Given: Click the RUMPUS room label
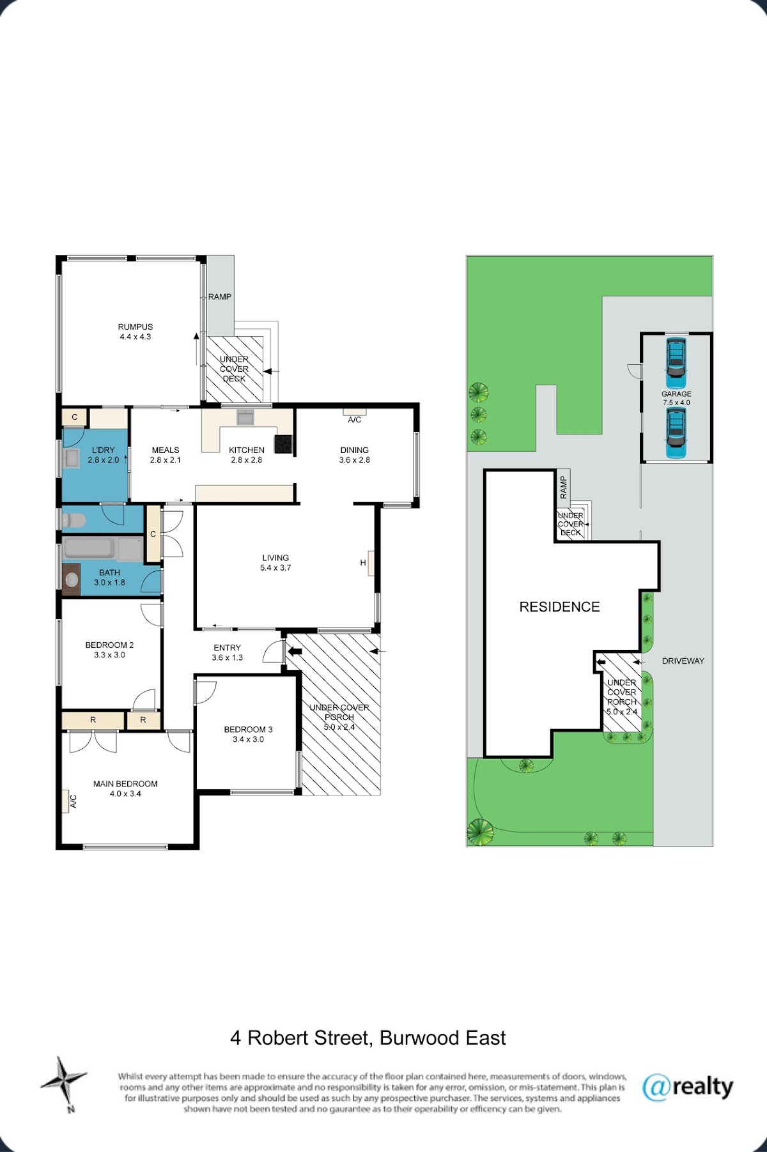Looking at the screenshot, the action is tap(136, 326).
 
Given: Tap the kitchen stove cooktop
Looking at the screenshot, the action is tap(283, 443).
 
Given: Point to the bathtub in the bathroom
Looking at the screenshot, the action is tap(90, 548).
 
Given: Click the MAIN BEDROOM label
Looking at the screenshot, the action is tap(125, 784).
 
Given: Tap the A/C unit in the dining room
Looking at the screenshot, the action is tap(355, 412).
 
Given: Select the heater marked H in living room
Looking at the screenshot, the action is tap(371, 563).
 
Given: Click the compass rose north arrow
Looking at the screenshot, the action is tap(64, 1080).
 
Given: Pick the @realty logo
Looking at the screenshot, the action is tap(688, 1087).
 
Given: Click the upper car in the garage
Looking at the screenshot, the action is tap(676, 358).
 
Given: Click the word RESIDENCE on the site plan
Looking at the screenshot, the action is tap(559, 607).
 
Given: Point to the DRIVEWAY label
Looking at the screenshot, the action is tap(683, 661).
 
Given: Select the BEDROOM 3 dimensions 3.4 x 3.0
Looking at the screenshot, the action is tap(249, 739).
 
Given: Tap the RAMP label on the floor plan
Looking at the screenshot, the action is tap(220, 296).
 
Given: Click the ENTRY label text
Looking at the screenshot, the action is tap(228, 647).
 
